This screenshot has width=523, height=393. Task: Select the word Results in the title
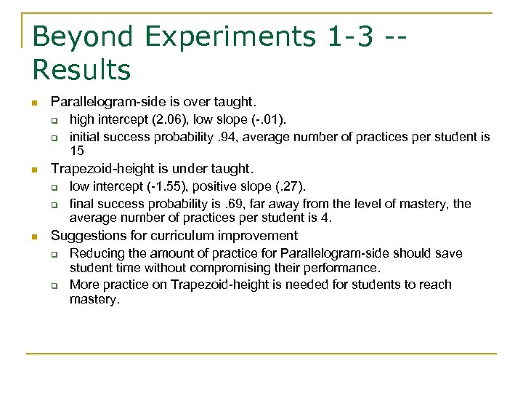point(81,71)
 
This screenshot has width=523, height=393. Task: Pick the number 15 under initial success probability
point(77,151)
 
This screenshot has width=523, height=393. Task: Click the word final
point(81,204)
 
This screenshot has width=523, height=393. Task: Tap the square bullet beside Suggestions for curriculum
point(34,236)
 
